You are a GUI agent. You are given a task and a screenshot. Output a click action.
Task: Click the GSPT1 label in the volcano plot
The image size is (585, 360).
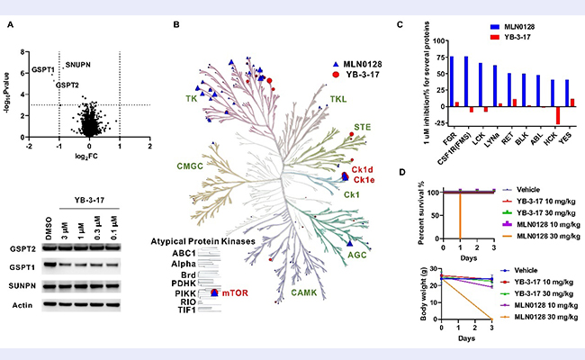[42, 69]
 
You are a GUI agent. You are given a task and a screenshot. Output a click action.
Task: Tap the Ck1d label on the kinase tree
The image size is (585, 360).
[363, 171]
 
